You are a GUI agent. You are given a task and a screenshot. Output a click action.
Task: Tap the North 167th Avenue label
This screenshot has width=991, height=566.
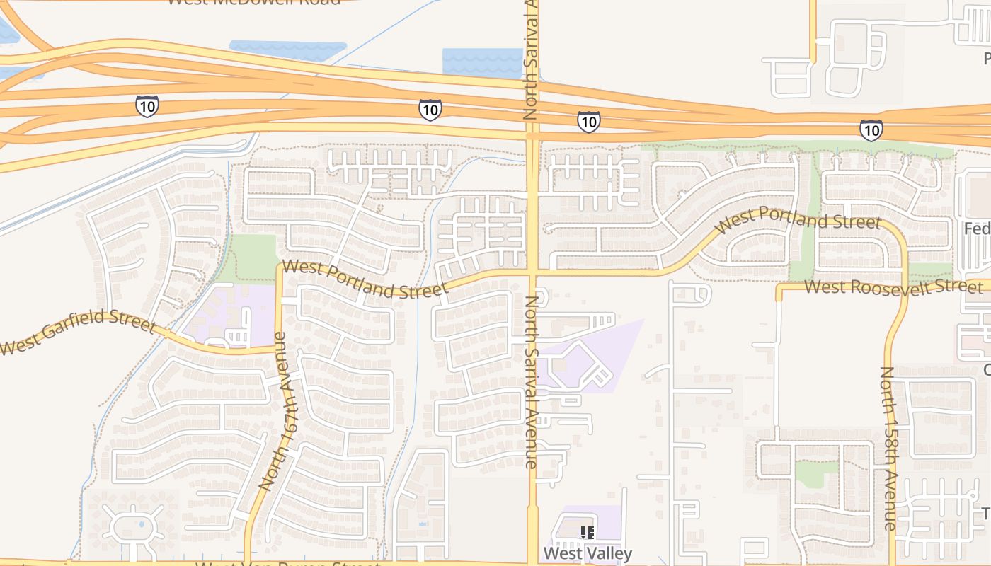tap(277, 411)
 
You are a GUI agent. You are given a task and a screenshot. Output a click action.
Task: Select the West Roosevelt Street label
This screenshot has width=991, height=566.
tap(893, 287)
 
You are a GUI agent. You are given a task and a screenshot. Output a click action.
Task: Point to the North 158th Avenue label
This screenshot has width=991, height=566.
tap(889, 448)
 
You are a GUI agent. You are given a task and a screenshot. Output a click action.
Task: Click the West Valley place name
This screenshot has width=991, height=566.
tap(588, 553)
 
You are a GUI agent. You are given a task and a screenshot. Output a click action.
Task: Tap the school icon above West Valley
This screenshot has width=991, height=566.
tap(587, 532)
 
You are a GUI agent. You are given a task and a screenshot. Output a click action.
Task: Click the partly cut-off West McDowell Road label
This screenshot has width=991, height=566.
tap(253, 2)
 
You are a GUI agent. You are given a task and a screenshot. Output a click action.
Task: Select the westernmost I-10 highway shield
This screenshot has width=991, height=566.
tap(147, 106)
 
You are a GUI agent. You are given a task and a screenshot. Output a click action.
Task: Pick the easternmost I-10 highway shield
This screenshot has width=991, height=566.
tap(871, 130)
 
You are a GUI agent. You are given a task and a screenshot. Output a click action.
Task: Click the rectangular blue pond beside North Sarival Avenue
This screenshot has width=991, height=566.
tap(482, 62)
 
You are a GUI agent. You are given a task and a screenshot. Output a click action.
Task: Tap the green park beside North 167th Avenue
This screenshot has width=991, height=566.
tap(253, 257)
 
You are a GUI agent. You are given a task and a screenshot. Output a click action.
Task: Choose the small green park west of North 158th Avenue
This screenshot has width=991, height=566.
tap(816, 473)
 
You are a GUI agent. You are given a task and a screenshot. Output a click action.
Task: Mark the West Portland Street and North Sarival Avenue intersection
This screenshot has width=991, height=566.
tap(532, 271)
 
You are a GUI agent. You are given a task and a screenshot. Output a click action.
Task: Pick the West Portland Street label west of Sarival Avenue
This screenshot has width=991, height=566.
tap(365, 280)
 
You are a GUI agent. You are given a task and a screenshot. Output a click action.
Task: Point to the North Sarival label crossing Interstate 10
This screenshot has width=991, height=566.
tap(531, 60)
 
